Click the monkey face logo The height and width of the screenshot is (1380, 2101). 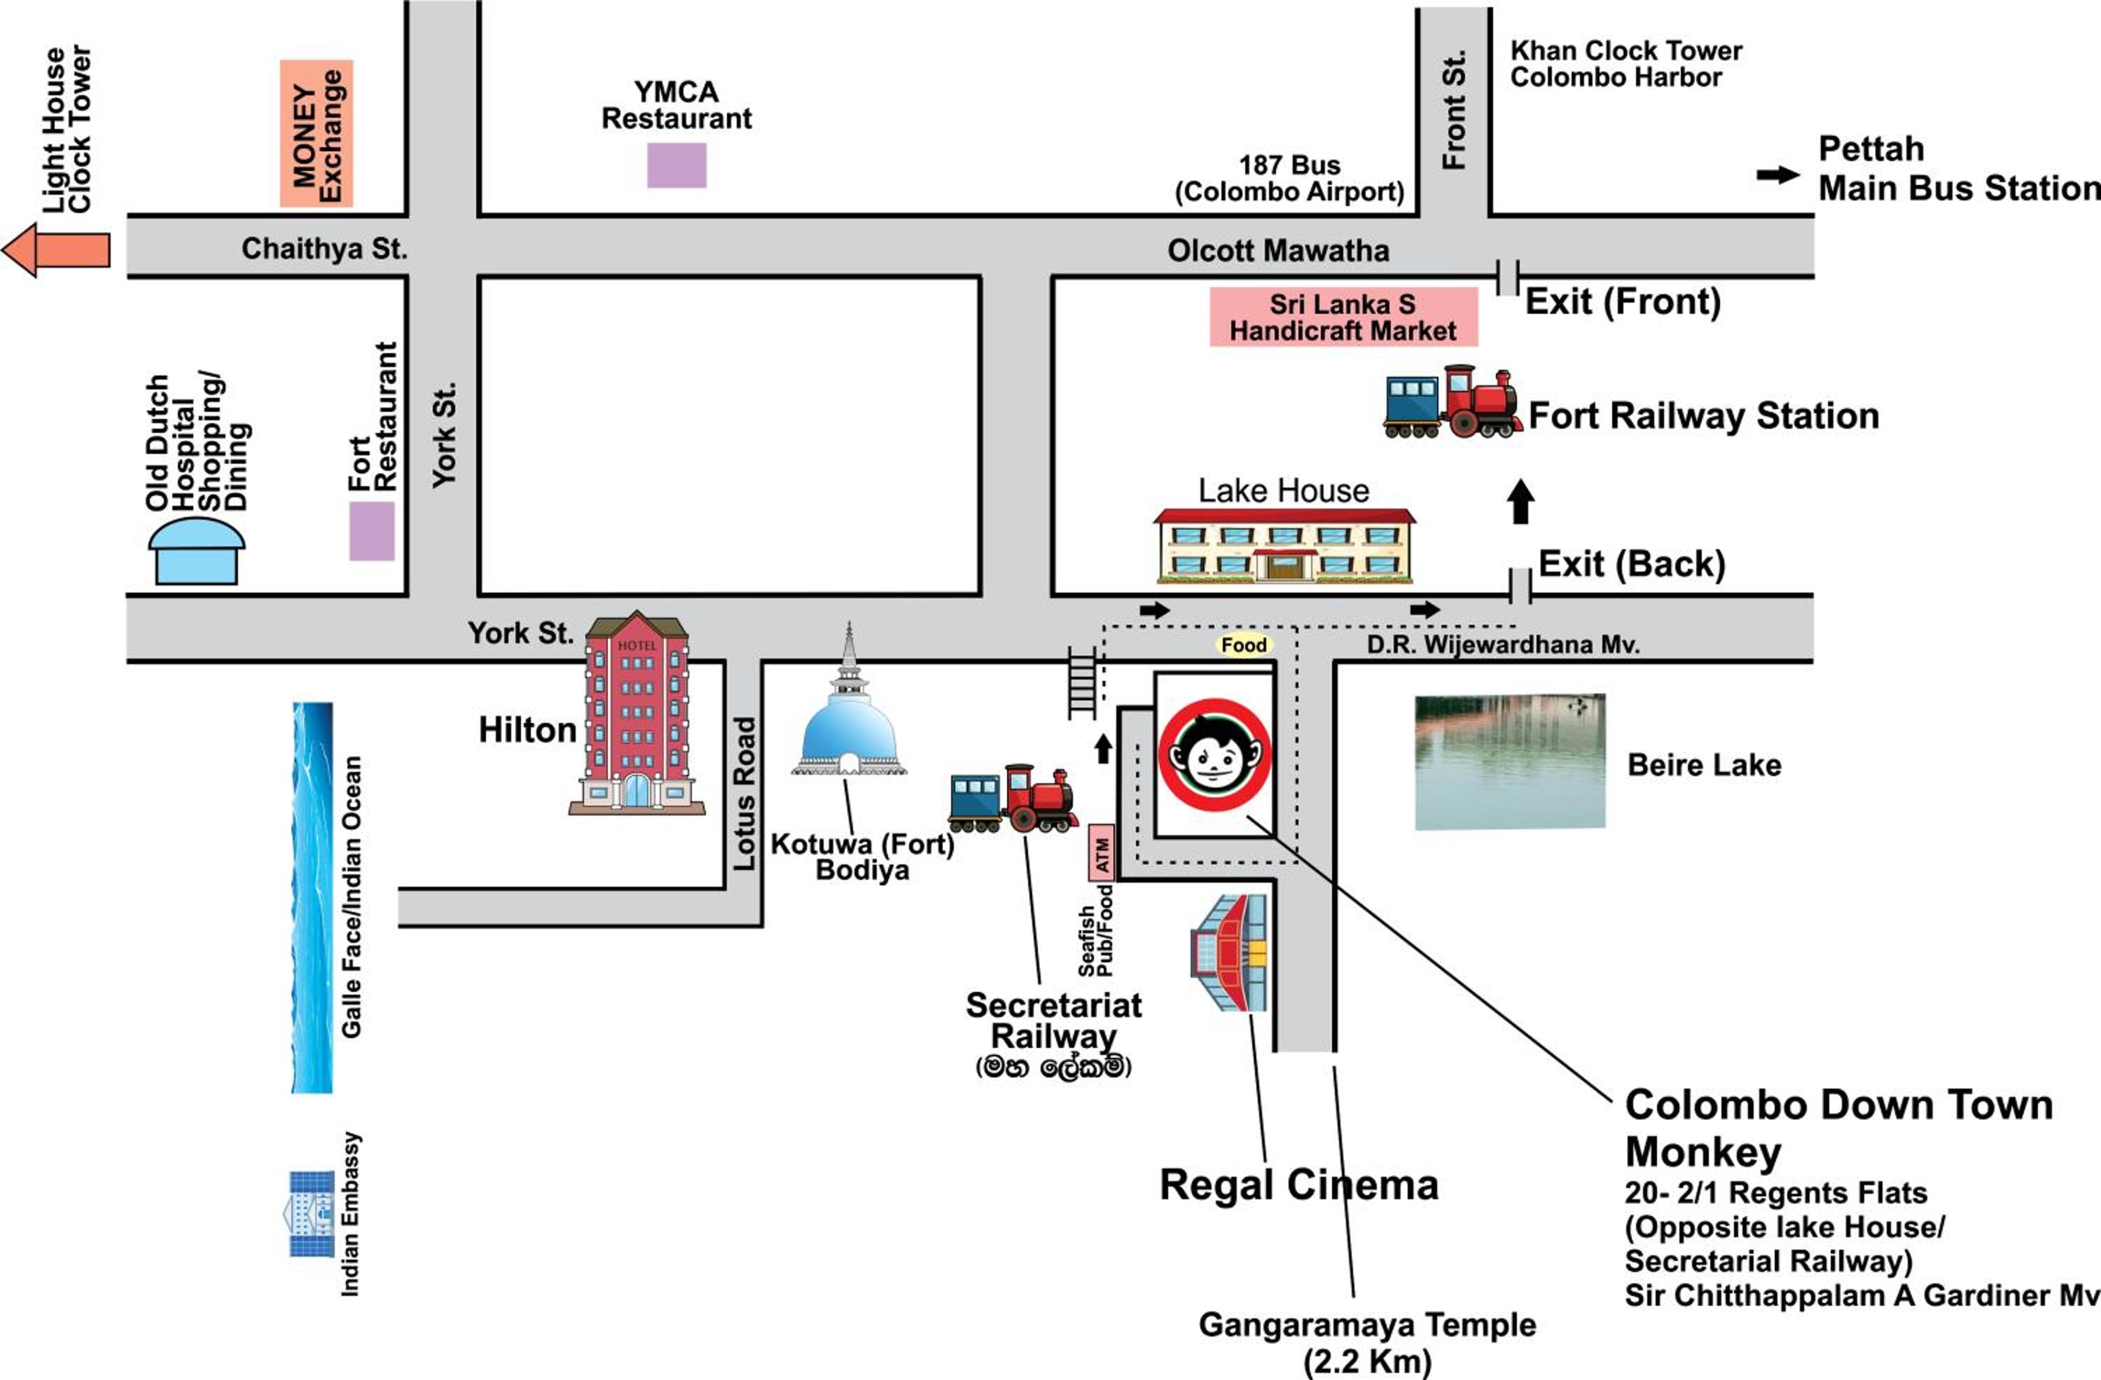tap(1214, 755)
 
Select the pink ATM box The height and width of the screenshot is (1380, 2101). tap(1102, 852)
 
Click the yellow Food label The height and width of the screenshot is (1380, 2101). tap(1243, 645)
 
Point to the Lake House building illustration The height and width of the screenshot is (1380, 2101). tap(1284, 546)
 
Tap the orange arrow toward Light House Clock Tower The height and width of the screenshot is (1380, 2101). tap(55, 250)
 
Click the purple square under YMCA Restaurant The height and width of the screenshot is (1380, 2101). tap(677, 165)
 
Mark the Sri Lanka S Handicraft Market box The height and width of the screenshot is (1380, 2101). tap(1343, 317)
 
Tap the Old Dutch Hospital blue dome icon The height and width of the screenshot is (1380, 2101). tap(196, 550)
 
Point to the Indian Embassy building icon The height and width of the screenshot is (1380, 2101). tap(312, 1214)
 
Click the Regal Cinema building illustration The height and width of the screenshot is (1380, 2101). tap(1229, 953)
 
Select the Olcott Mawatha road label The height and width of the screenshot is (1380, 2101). tap(1278, 251)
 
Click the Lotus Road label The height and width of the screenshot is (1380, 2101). tap(745, 793)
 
